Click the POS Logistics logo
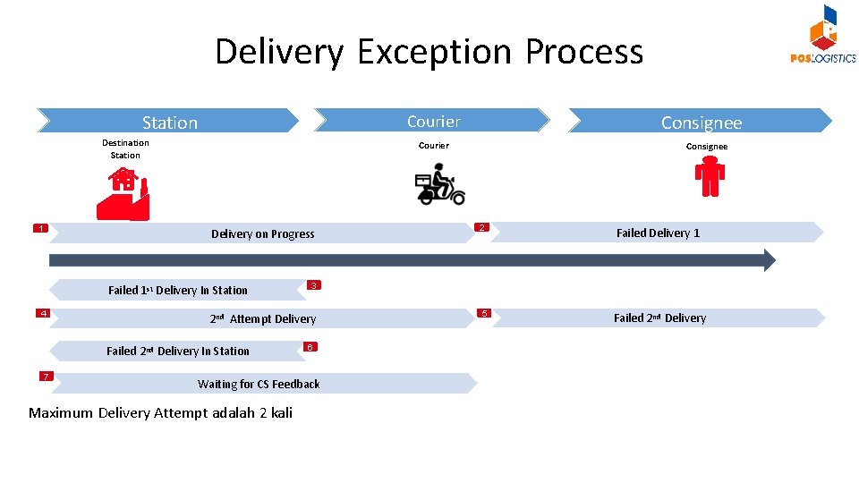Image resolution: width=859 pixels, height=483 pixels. (822, 36)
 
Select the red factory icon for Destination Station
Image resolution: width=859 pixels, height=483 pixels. (123, 193)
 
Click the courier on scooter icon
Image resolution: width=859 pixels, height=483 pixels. (439, 184)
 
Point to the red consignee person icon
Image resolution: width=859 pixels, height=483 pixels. (710, 176)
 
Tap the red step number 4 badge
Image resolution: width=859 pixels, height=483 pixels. (42, 313)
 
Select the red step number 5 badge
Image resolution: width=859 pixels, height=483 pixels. (483, 313)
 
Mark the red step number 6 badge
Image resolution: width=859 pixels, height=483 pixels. (309, 346)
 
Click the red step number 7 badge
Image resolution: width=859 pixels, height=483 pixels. (45, 376)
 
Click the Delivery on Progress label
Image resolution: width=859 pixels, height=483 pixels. (262, 234)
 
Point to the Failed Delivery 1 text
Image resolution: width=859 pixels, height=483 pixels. (658, 233)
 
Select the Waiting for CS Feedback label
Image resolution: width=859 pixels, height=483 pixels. (259, 385)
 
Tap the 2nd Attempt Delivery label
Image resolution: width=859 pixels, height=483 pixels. (262, 319)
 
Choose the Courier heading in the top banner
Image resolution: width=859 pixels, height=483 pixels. (433, 122)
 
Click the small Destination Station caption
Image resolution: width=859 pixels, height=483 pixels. (125, 148)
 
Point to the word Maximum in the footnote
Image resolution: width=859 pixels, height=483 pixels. (60, 413)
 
